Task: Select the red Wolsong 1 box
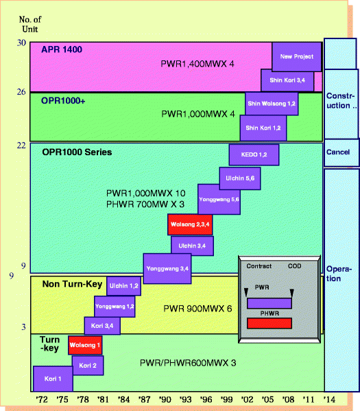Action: [x=85, y=345]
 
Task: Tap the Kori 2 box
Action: [x=87, y=365]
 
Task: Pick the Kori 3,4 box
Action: [x=102, y=325]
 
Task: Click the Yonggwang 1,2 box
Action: [x=115, y=305]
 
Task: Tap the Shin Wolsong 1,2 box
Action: [x=272, y=103]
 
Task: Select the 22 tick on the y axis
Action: [x=22, y=145]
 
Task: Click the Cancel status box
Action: [x=341, y=152]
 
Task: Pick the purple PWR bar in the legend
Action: [x=269, y=303]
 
